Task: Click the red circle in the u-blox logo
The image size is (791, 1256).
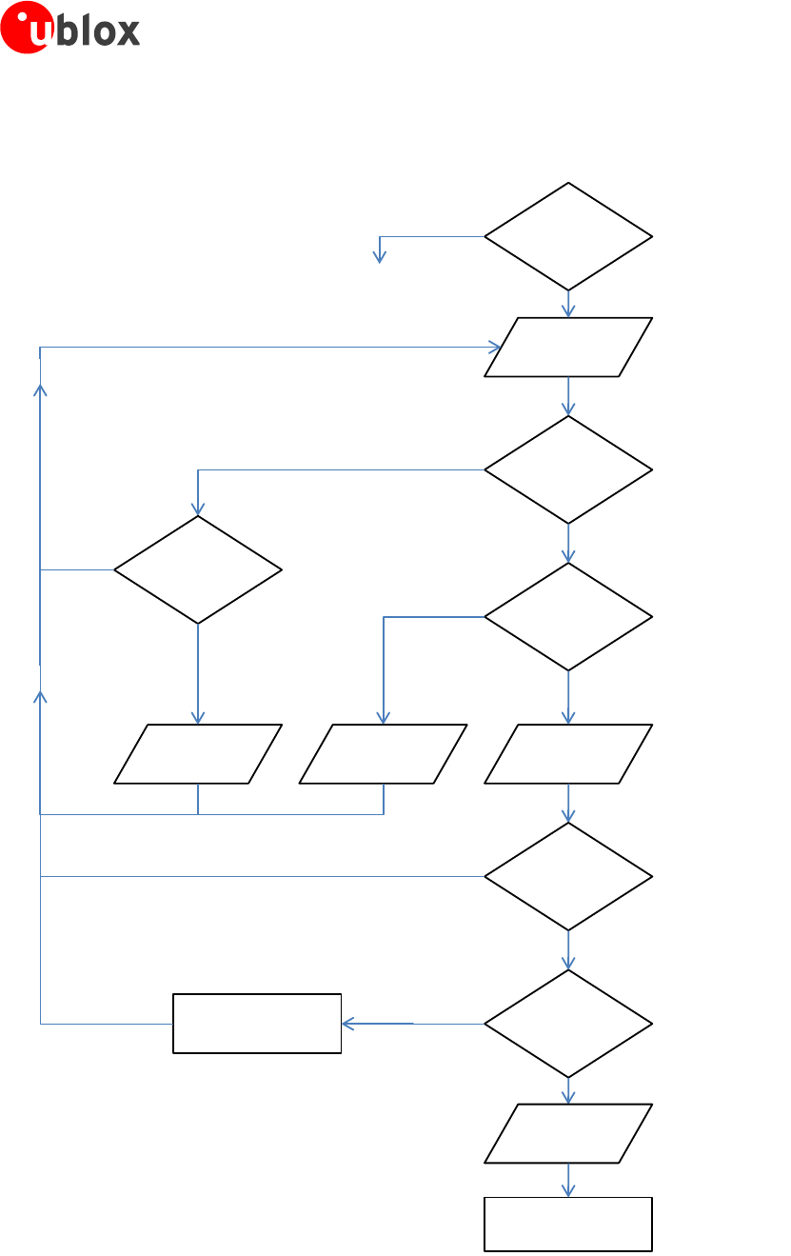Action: pos(26,28)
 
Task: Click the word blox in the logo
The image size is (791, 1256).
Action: pos(100,31)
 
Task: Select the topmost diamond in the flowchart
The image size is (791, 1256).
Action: pos(568,236)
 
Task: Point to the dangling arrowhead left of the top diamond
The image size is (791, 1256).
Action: pos(380,257)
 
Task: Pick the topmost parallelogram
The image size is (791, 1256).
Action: pos(568,348)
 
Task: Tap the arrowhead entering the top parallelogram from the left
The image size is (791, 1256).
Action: pos(495,348)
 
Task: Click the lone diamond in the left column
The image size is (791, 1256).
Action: pos(198,569)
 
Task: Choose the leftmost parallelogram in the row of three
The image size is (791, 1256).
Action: pos(198,754)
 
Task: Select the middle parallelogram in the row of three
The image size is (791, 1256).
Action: pos(383,754)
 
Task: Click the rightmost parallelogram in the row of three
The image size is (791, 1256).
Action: pos(568,754)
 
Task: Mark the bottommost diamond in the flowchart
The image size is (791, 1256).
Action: pos(568,1024)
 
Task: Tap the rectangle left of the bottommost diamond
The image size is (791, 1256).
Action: pos(257,1024)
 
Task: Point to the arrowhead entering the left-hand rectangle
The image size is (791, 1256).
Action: pos(347,1024)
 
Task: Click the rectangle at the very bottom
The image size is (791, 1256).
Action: pos(568,1224)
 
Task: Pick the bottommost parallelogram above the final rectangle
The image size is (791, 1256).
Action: pos(568,1133)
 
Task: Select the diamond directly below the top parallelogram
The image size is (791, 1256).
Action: pos(568,469)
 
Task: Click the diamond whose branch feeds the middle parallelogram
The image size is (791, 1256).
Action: pos(568,617)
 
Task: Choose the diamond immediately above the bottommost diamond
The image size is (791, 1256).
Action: pos(568,876)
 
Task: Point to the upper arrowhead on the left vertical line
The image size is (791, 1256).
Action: pos(40,389)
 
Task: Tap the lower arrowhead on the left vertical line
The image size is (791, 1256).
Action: pos(40,696)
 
